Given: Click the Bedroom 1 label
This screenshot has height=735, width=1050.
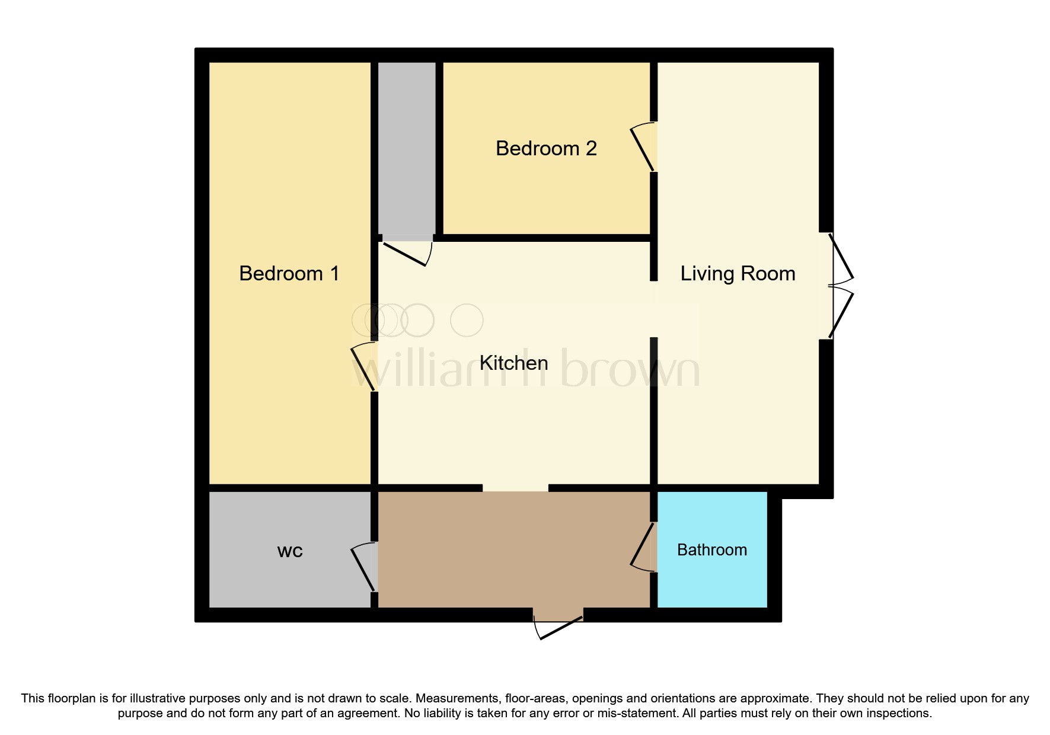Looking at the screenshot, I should tap(289, 273).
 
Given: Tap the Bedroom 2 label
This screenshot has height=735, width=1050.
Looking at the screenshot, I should tap(546, 148).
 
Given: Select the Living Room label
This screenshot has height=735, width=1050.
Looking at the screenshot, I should tap(738, 273).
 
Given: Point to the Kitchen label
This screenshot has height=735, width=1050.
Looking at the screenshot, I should tap(513, 363).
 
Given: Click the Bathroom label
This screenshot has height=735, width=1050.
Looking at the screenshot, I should tap(711, 550).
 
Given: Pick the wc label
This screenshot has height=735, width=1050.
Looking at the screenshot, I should tap(290, 551).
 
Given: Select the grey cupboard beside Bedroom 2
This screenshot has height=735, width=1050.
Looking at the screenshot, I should tap(407, 148).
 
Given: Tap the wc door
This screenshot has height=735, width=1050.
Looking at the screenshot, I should tap(363, 568).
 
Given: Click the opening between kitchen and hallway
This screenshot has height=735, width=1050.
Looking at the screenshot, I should tap(515, 488).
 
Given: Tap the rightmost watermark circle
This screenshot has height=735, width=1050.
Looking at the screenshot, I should tap(467, 320).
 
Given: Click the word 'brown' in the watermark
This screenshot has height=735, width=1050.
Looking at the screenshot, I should tap(630, 367).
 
